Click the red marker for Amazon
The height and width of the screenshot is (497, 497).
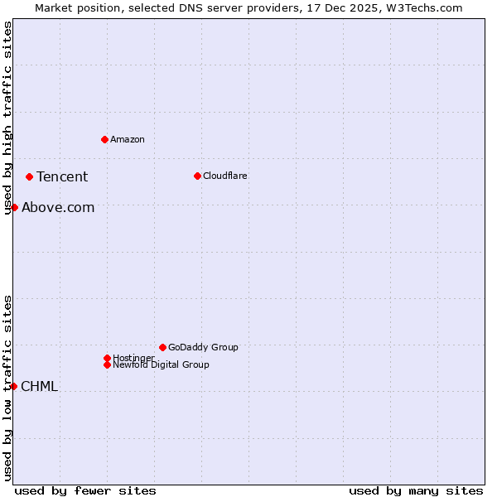click(104, 139)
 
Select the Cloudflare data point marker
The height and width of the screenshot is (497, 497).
click(197, 176)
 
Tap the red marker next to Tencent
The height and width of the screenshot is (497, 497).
click(29, 176)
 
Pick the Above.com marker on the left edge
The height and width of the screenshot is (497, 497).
click(14, 207)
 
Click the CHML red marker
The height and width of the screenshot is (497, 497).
click(13, 386)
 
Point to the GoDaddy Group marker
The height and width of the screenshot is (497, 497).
click(162, 347)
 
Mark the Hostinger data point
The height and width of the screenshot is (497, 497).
click(107, 358)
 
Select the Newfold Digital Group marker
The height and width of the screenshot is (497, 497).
click(107, 364)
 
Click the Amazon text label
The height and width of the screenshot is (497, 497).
click(128, 139)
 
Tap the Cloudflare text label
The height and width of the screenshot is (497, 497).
click(224, 176)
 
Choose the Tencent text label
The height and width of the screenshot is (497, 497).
click(62, 176)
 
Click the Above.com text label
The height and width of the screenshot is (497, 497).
click(58, 207)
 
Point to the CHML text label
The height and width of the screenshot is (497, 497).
click(39, 386)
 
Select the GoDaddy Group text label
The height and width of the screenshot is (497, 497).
click(203, 347)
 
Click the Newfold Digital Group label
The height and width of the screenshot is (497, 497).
click(161, 364)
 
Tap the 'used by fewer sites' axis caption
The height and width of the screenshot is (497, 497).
click(85, 490)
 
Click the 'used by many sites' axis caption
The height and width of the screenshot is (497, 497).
click(416, 490)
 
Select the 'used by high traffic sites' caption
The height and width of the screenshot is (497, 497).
click(7, 118)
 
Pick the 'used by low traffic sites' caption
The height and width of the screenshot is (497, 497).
click(7, 388)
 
